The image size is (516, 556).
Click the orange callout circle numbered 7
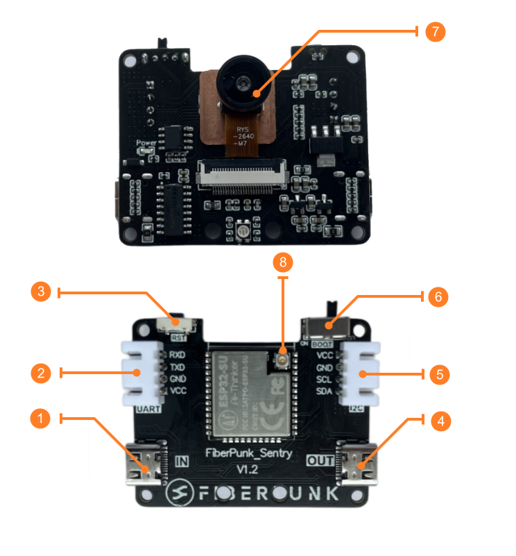(435, 32)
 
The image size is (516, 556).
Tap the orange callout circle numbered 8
(283, 262)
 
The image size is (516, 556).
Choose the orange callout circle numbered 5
(437, 374)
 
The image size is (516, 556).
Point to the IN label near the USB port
(182, 460)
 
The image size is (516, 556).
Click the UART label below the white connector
(149, 410)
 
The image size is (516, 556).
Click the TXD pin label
(177, 368)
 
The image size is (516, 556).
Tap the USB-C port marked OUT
(356, 466)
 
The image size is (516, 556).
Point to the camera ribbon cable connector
(243, 174)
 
